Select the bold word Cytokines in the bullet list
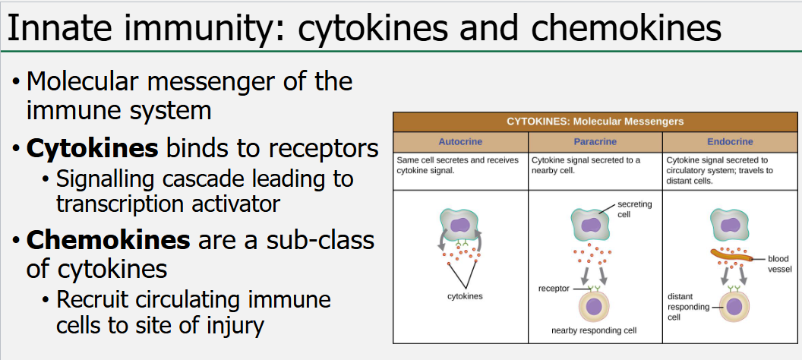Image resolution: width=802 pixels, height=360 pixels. pos(92,148)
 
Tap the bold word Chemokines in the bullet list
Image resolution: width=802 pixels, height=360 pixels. pos(108,240)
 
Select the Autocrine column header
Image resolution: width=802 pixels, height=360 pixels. pos(460,142)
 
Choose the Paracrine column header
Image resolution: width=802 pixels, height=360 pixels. pos(595,142)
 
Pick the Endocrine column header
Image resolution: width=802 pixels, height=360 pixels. pos(730,142)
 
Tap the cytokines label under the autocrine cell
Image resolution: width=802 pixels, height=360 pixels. pos(465,296)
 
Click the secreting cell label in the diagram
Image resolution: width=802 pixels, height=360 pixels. pos(635,210)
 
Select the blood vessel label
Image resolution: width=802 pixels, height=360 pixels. pos(778,264)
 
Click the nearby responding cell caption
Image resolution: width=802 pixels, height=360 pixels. pos(594,330)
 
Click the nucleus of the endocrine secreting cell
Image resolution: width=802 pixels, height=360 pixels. pos(730,225)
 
